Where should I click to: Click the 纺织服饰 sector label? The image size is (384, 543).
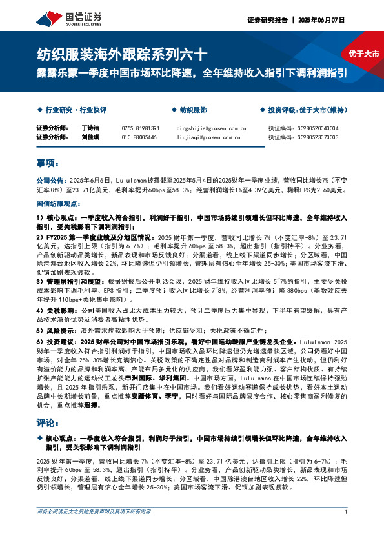click(x=193, y=110)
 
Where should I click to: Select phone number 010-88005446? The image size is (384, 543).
click(x=139, y=137)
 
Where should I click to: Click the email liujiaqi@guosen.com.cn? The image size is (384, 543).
click(x=207, y=137)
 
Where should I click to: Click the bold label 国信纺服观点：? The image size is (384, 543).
click(x=58, y=202)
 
